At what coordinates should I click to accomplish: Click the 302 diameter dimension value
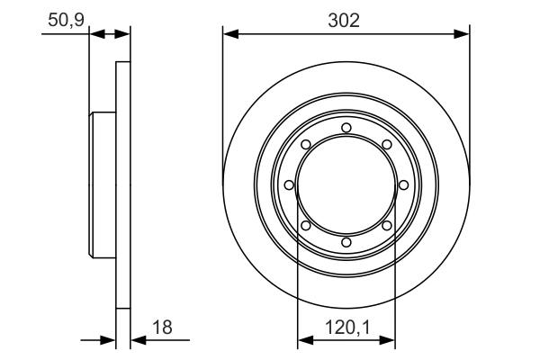tap(346, 20)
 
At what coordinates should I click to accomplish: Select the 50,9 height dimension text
tap(65, 20)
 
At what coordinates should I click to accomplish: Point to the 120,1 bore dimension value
tap(346, 328)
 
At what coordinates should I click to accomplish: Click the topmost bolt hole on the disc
tap(346, 127)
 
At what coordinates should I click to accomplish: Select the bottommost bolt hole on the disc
tap(346, 242)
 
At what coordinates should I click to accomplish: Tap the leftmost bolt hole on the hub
tap(289, 184)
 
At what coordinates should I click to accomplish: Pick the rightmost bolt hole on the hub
tap(403, 184)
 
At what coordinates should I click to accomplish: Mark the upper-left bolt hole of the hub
tap(305, 144)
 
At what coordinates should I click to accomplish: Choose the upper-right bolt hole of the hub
tap(386, 144)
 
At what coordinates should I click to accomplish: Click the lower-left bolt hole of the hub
tap(305, 225)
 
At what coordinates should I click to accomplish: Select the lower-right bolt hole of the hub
tap(386, 225)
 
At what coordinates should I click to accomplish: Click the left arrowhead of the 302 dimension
tap(229, 34)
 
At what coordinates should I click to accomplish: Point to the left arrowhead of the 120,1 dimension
tap(303, 341)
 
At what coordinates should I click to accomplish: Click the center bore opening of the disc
tap(346, 184)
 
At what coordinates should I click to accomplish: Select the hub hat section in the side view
tap(103, 184)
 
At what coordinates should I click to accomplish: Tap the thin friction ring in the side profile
tap(123, 184)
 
